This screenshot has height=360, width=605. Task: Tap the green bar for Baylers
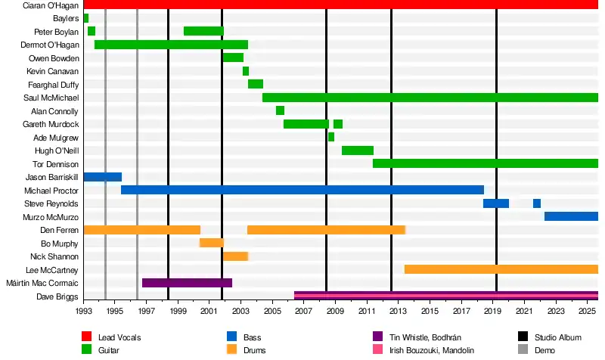pos(86,17)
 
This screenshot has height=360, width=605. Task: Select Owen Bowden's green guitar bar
pos(233,57)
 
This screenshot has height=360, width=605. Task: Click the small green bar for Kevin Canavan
pos(246,71)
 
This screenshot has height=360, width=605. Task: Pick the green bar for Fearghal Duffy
pos(256,84)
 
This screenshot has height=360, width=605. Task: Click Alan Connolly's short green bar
pos(280,110)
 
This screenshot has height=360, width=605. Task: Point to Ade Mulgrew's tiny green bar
pos(331,137)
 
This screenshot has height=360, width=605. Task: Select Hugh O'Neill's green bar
pos(358,151)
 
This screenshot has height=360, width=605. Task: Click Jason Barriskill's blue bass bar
pos(102,177)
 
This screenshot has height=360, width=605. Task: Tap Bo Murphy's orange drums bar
pos(212,243)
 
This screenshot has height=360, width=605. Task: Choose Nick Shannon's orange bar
pos(235,256)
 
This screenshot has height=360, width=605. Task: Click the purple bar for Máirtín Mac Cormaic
pos(187,283)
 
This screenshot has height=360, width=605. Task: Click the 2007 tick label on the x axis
pos(303,311)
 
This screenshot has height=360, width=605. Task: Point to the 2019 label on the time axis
pos(492,311)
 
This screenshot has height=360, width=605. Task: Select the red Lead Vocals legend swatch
pos(87,337)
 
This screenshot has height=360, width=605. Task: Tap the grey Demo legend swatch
pos(523,350)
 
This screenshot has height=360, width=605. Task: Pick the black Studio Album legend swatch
pos(523,337)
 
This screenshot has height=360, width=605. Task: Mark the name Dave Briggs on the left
pos(57,296)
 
